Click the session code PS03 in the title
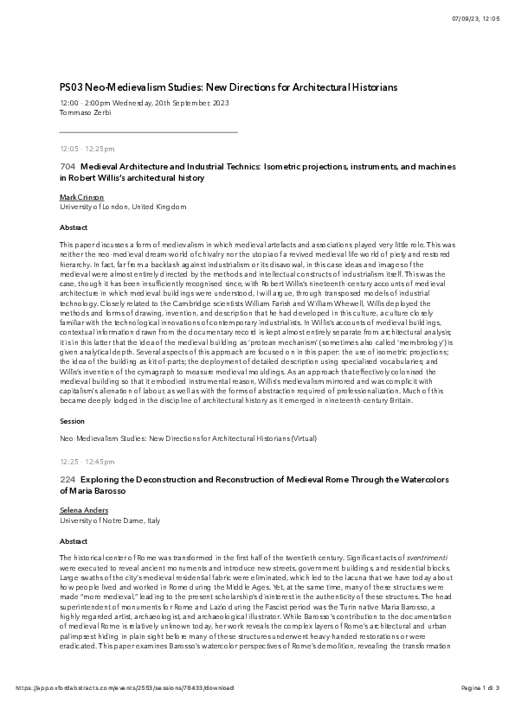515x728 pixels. click(x=71, y=87)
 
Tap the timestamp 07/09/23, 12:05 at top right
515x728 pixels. click(x=475, y=19)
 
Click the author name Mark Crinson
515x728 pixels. click(x=78, y=197)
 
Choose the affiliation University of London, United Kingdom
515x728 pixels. click(x=122, y=208)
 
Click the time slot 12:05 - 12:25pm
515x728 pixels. click(x=87, y=149)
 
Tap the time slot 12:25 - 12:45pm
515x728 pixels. click(x=87, y=462)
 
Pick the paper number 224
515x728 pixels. click(x=67, y=479)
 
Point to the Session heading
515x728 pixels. click(x=72, y=420)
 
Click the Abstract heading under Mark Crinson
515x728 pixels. click(x=74, y=227)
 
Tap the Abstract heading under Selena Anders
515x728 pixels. click(x=74, y=541)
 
